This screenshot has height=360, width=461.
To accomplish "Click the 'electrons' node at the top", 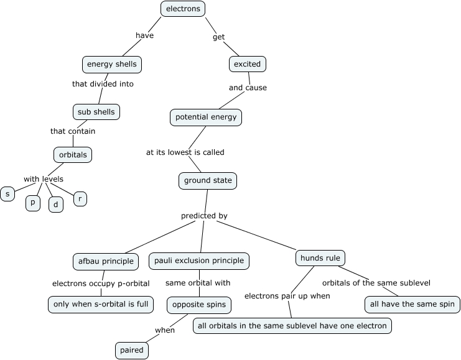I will coord(183,9).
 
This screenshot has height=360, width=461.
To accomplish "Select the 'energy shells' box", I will coord(112,64).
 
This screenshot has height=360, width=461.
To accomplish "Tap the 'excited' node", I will coord(248,64).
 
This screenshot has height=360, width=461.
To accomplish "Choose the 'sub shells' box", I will coord(96,112).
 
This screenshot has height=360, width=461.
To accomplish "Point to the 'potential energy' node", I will coord(205,117).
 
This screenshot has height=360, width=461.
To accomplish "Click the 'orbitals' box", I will coord(73,155).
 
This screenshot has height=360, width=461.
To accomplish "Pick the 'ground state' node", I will coord(208,181).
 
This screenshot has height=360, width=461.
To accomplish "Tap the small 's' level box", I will coord(7,194).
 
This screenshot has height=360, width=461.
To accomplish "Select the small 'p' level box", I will coord(32,203).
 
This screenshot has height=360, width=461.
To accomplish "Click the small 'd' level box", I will coord(56,204).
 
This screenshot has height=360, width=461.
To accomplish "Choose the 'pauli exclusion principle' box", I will coord(200,261).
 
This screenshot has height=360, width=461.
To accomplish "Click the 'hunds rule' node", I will coord(320,258).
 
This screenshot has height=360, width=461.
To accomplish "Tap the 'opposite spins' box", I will coord(199,305).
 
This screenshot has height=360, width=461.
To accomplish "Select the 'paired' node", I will coord(132,350).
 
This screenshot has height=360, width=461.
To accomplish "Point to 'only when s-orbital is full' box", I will coord(101,304).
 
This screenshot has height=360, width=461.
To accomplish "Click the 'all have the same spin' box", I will coord(412,305).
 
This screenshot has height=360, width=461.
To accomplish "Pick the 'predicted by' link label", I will coord(204,216).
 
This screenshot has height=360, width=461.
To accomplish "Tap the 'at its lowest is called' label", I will coord(185,152).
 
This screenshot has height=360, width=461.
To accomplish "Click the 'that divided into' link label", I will coord(103,83).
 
